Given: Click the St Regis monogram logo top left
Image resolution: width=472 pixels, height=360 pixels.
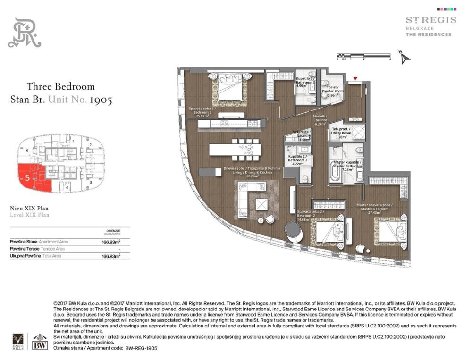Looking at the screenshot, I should tap(25, 33).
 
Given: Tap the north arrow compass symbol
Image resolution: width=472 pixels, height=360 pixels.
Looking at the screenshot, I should tap(405, 58).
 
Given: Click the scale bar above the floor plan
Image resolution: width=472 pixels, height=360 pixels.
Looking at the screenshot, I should tap(363, 56).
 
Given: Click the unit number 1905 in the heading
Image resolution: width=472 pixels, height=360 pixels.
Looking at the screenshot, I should tap(100, 100).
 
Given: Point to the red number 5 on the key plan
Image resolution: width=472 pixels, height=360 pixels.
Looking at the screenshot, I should tap(28, 178).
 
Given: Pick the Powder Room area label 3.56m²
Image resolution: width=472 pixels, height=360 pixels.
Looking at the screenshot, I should tap(333, 95).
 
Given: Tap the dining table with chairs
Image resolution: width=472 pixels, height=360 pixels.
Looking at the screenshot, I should tap(235, 149).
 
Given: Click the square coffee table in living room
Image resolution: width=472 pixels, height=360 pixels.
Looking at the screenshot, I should tap(262, 204).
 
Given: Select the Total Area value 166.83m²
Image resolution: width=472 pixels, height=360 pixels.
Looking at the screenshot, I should tap(111, 256).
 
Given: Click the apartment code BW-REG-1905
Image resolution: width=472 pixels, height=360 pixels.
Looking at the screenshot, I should tap(141, 348).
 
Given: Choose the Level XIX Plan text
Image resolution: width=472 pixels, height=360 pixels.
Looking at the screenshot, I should tap(29, 215).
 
